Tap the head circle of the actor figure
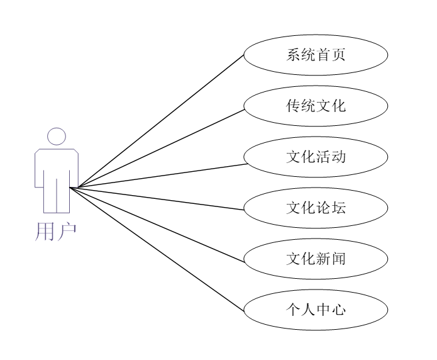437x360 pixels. (x=57, y=137)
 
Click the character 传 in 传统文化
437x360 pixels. (x=293, y=106)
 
